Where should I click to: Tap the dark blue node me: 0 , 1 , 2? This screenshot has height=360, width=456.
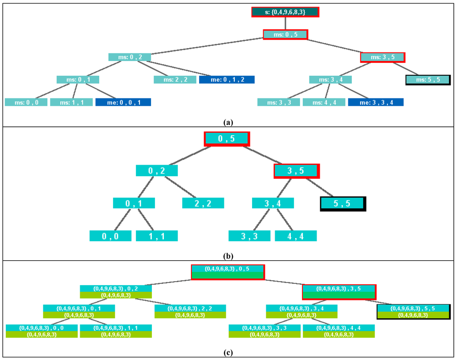(x=227, y=80)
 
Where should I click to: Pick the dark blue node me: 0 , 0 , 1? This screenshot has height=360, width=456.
(x=123, y=102)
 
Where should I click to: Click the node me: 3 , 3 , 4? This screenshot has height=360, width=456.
(x=376, y=102)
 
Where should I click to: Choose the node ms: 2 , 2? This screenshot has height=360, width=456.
(x=175, y=80)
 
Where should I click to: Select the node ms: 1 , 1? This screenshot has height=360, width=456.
(x=71, y=102)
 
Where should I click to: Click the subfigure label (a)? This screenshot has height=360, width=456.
(x=228, y=121)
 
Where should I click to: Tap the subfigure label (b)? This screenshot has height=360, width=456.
(x=228, y=256)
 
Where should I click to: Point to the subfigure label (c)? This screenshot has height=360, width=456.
(x=228, y=353)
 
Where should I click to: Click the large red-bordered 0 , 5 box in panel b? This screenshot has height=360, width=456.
(x=227, y=139)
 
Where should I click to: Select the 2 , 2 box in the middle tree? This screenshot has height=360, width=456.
(x=203, y=203)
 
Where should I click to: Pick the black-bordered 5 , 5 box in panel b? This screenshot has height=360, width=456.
(x=343, y=203)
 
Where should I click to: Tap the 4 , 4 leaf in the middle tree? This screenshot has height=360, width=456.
(x=296, y=236)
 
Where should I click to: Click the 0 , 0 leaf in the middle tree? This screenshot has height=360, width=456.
(x=110, y=236)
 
